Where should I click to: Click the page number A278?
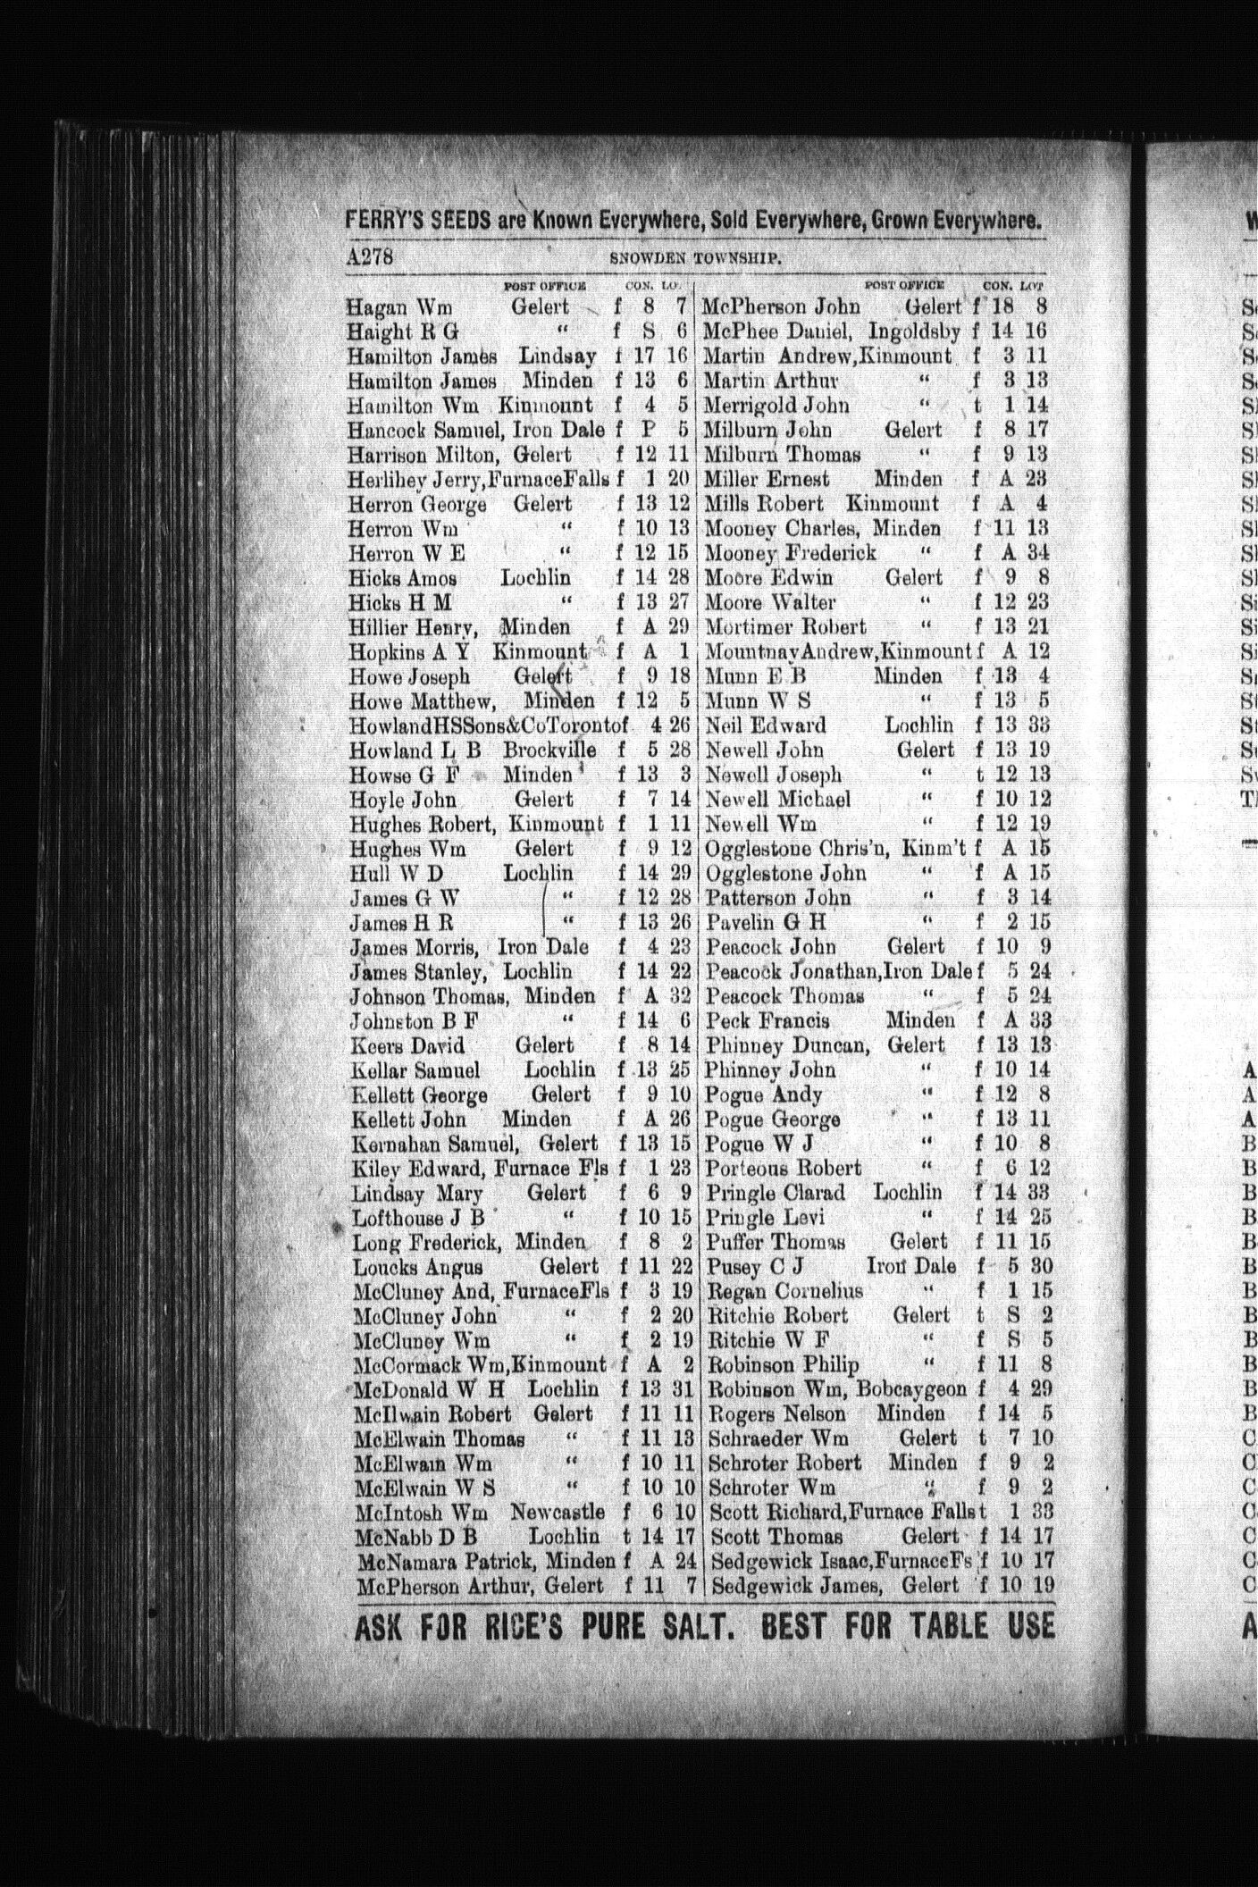click(x=370, y=256)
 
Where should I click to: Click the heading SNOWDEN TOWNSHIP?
click(x=696, y=259)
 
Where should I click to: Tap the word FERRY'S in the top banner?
click(x=388, y=219)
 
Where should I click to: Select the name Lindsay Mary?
click(x=416, y=1194)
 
